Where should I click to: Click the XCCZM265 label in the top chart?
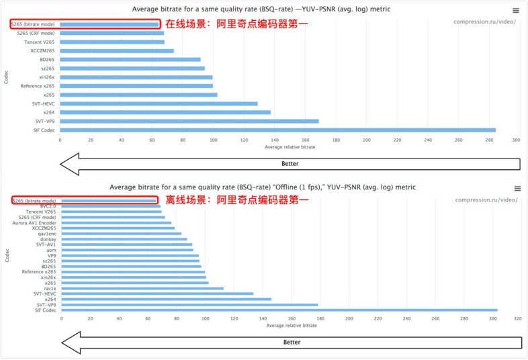[42, 50]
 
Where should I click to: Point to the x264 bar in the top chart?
[165, 112]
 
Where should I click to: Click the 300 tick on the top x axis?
[516, 140]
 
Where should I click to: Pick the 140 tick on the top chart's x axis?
[274, 140]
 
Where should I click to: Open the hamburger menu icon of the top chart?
[515, 10]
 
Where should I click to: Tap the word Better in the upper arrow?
[290, 163]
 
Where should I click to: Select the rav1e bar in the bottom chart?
[142, 288]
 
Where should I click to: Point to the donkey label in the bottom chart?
[48, 239]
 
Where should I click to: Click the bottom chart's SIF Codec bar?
[279, 310]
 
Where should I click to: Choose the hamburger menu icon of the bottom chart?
[517, 189]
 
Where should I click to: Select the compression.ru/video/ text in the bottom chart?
[486, 199]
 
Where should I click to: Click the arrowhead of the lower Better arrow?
[70, 343]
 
